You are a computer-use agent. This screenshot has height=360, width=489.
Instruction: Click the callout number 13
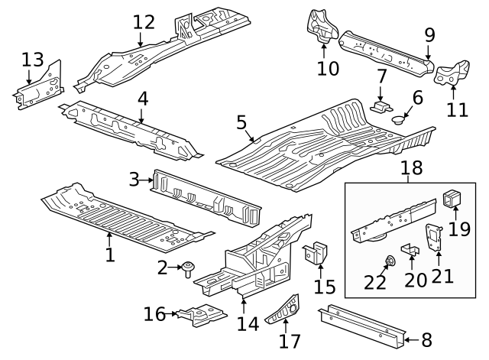point(32,60)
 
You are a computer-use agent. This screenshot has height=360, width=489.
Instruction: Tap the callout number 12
point(143,21)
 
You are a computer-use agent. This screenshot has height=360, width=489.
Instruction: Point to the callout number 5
point(241,122)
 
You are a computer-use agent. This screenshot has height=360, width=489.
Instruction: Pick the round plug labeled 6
point(398,118)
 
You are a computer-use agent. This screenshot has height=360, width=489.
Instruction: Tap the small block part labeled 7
point(380,103)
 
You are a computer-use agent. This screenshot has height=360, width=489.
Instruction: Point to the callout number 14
point(248,323)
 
